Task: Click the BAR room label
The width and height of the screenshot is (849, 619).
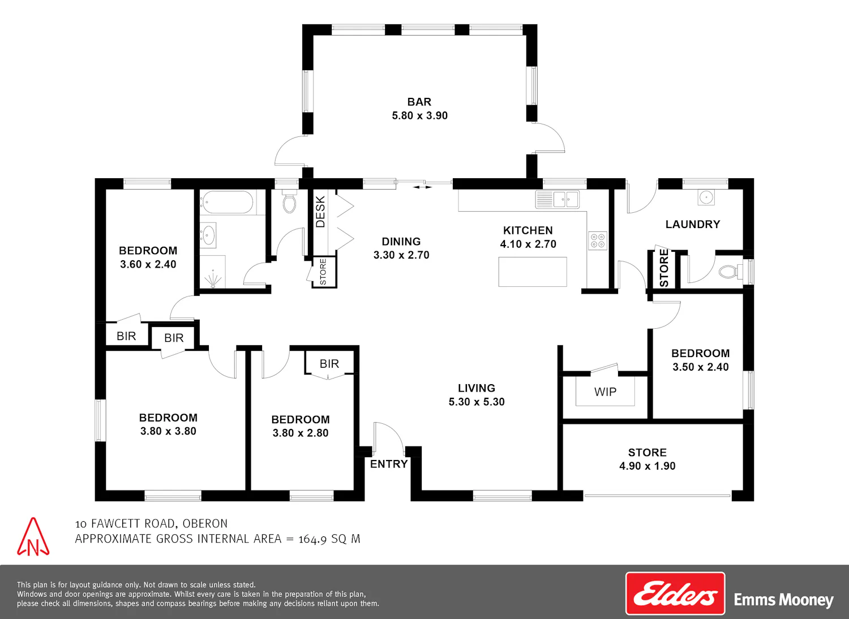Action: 419,102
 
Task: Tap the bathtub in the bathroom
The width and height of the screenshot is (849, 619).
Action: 226,203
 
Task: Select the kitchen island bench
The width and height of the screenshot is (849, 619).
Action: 533,272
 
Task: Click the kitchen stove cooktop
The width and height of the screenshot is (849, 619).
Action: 598,240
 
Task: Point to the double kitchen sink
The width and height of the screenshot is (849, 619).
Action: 557,200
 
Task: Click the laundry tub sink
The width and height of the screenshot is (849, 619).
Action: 706,197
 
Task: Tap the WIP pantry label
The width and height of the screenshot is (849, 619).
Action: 605,392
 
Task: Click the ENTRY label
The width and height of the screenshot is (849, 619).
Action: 389,464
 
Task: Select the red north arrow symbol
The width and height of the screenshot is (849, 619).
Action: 33,537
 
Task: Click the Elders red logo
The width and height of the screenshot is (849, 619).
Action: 675,594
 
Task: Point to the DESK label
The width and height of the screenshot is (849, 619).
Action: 320,212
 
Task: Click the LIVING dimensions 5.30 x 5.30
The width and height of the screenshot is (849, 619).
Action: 477,402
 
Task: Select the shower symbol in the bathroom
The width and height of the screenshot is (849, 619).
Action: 213,279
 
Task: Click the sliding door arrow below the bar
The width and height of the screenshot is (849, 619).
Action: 422,187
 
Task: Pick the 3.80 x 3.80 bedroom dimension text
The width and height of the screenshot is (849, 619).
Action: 168,431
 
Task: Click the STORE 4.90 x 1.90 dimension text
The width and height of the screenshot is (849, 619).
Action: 648,466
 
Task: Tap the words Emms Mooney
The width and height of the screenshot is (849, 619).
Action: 783,600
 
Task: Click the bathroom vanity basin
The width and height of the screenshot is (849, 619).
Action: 208,235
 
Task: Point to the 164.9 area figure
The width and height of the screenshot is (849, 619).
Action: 312,539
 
